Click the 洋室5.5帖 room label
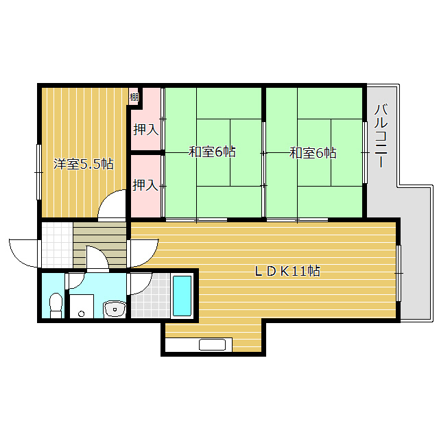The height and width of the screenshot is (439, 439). click(x=84, y=164)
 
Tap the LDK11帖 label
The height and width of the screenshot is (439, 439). click(x=287, y=271)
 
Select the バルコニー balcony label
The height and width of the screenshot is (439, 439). click(x=381, y=136)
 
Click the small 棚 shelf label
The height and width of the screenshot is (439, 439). click(x=134, y=97)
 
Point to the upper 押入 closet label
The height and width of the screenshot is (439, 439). click(x=146, y=130)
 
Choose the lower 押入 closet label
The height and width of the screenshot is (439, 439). click(x=145, y=185)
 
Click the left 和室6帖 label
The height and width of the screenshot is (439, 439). click(x=212, y=152)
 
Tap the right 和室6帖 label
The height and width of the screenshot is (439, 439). click(x=313, y=153)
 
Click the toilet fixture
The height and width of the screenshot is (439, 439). click(x=56, y=305)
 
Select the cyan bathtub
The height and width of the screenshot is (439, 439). click(x=182, y=296)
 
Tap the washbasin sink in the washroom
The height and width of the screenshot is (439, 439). click(x=115, y=309)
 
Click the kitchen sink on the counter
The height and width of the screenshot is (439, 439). click(x=212, y=344)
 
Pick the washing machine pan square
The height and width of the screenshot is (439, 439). click(x=82, y=307)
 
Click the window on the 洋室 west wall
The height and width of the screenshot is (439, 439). click(x=39, y=172)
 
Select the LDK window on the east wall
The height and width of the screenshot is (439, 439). click(x=399, y=273)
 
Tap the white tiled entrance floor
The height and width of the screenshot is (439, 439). click(x=57, y=245)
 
